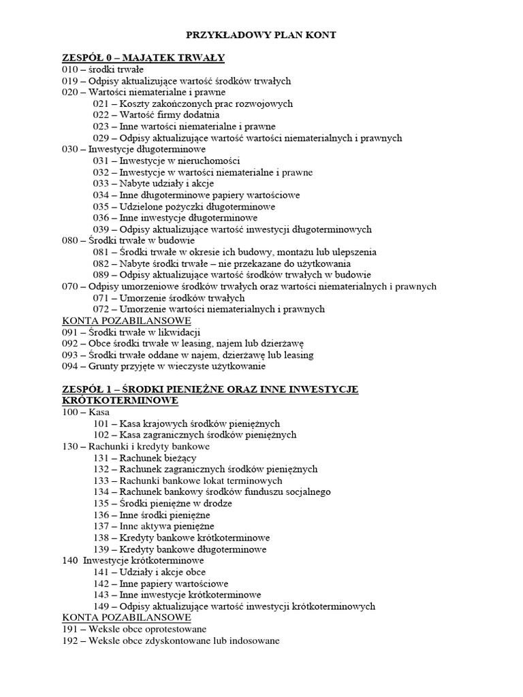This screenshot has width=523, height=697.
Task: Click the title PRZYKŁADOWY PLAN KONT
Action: (x=261, y=35)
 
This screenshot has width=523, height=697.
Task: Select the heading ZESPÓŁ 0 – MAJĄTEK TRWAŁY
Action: (x=143, y=57)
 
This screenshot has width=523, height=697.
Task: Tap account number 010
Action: (x=69, y=69)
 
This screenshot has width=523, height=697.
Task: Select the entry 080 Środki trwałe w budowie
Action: (x=128, y=241)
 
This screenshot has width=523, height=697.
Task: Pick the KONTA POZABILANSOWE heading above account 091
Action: (x=127, y=321)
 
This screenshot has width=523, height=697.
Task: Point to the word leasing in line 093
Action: (x=298, y=355)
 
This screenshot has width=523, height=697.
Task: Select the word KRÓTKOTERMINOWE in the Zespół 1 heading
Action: (x=120, y=401)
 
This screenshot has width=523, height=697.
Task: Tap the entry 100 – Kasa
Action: (x=85, y=412)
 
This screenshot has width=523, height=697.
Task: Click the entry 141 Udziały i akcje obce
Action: (x=150, y=572)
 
